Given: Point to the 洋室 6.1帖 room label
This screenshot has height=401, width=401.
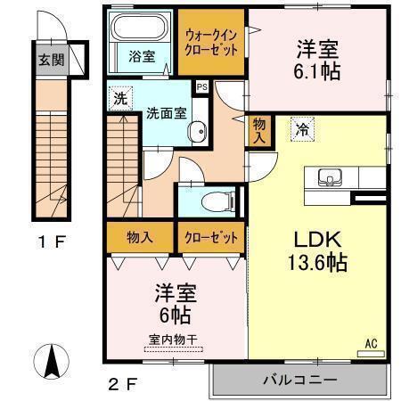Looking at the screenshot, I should tap(319, 61).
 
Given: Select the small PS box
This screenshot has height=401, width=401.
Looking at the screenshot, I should tap(201, 88).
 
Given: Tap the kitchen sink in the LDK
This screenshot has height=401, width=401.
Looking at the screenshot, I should tap(330, 180).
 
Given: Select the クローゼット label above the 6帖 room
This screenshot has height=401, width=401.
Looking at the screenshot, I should tap(210, 239).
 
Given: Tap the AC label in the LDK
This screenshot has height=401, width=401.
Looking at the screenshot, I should tap(370, 341).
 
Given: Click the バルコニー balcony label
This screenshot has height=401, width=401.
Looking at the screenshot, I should tap(299, 381).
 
